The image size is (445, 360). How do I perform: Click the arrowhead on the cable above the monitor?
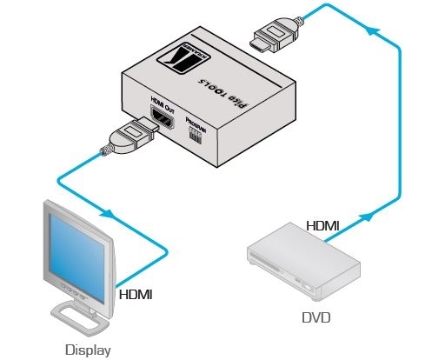point(110,214)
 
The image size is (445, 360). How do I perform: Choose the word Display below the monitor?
point(87,350)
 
